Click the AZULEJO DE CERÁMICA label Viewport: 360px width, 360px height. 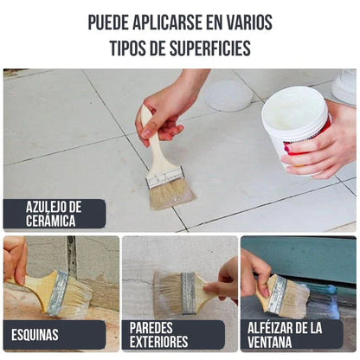click(x=54, y=213)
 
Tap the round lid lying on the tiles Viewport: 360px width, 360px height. click(x=228, y=95)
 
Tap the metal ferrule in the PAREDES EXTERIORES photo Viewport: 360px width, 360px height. click(x=188, y=292)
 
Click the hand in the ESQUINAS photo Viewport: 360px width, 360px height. click(x=14, y=258)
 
